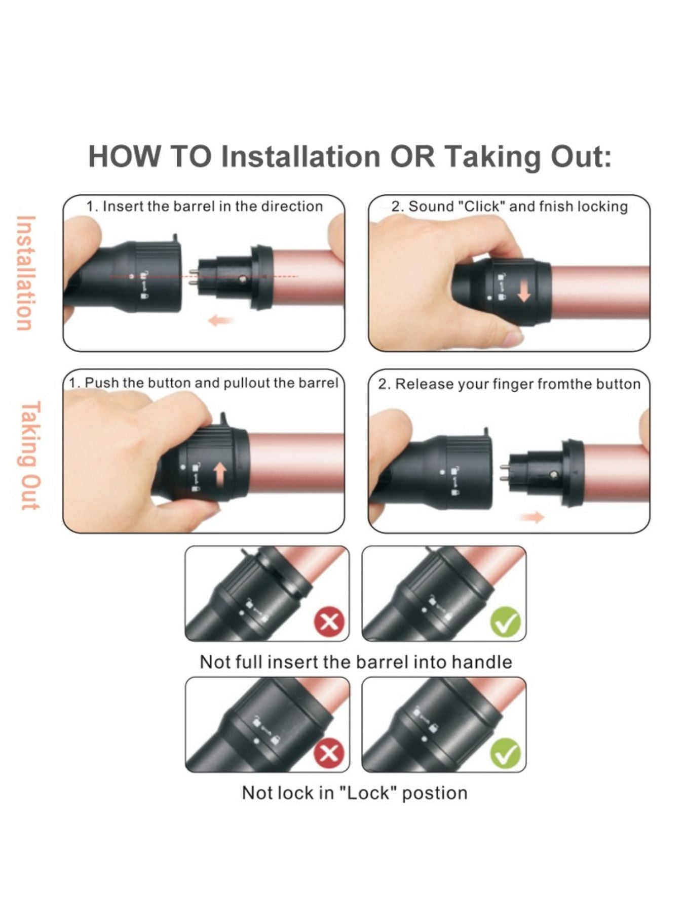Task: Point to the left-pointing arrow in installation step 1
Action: [x=220, y=320]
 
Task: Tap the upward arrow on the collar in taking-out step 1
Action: [x=220, y=476]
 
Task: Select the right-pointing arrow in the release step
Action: [x=531, y=517]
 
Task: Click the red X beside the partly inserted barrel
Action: [x=329, y=621]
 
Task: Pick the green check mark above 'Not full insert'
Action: [x=506, y=622]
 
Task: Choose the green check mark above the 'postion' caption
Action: [x=506, y=753]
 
